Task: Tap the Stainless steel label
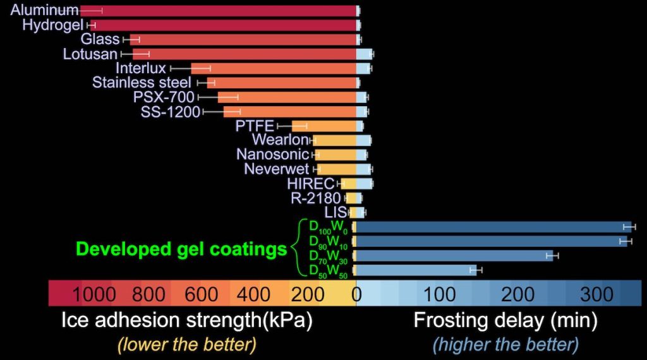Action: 142,83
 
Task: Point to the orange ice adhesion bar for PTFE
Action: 323,126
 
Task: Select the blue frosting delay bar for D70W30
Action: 454,255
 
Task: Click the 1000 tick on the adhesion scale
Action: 94,294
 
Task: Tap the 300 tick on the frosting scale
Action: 596,294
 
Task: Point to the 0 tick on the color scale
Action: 356,294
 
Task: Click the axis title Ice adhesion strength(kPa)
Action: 187,321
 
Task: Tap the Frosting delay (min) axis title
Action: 505,321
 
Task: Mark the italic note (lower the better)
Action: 186,345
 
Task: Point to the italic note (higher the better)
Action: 505,345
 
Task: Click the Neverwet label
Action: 277,169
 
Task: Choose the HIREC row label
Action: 310,183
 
